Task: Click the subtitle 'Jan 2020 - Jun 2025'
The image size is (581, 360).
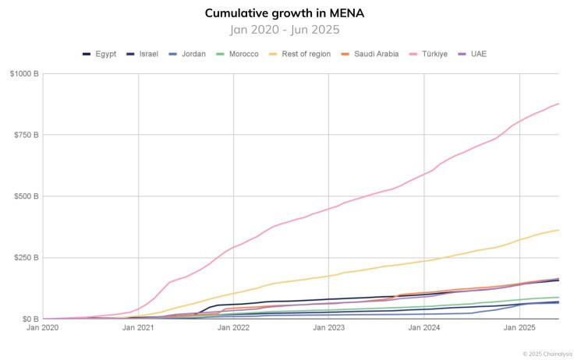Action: (285, 30)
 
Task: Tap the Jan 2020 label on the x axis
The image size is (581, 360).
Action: (43, 329)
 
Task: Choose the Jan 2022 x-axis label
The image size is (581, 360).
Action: (234, 329)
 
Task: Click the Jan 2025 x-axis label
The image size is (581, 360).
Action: (520, 329)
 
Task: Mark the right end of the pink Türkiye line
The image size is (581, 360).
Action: (559, 104)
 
